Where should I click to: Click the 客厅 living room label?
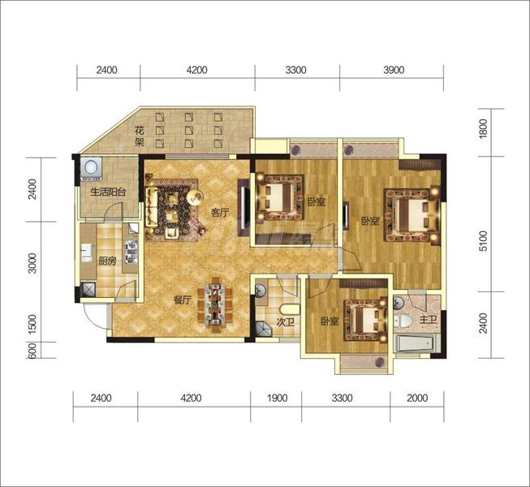(220, 213)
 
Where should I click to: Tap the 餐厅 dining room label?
(183, 300)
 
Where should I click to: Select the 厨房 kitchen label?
(107, 261)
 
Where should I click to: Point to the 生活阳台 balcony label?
(108, 192)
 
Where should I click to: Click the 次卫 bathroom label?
(285, 322)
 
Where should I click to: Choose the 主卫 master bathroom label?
(428, 319)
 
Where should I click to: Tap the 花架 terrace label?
(140, 136)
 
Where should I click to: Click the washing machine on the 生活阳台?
(91, 167)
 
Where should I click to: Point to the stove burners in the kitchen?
(131, 252)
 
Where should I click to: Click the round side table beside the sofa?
(195, 197)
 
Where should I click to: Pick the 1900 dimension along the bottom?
(277, 398)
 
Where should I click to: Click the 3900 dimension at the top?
(394, 70)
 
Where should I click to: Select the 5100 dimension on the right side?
(484, 241)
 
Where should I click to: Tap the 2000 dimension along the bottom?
(417, 398)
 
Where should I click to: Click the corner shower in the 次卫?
(263, 330)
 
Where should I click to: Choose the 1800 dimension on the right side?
(484, 128)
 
